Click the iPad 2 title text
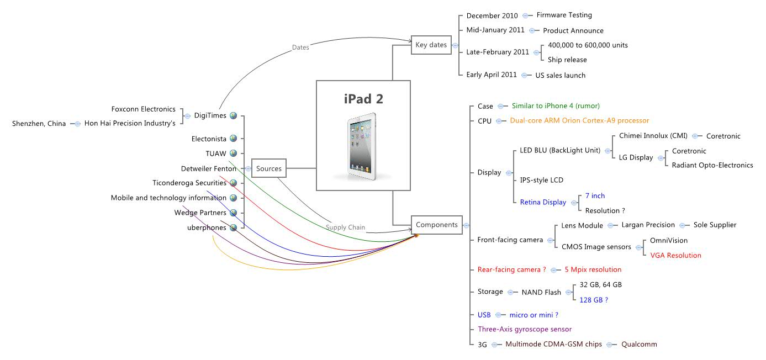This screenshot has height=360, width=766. pyautogui.click(x=363, y=99)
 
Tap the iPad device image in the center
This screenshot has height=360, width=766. pyautogui.click(x=362, y=146)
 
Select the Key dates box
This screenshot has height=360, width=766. pyautogui.click(x=431, y=45)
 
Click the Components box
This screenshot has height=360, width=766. pyautogui.click(x=436, y=225)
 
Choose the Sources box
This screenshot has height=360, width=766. pyautogui.click(x=269, y=168)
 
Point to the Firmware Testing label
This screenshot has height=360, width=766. pyautogui.click(x=564, y=15)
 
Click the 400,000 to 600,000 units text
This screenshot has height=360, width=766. pyautogui.click(x=588, y=45)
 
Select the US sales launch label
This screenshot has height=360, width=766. pyautogui.click(x=560, y=75)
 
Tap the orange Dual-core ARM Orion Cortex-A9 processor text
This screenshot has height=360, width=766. pyautogui.click(x=579, y=120)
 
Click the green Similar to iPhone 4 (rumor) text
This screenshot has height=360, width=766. pyautogui.click(x=556, y=105)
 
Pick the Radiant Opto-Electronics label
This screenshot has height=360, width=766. pyautogui.click(x=712, y=165)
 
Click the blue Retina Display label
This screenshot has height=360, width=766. pyautogui.click(x=543, y=203)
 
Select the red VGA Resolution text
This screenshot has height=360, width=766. pyautogui.click(x=675, y=256)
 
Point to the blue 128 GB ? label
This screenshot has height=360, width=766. pyautogui.click(x=594, y=300)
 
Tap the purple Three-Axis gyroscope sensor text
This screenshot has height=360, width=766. pyautogui.click(x=525, y=329)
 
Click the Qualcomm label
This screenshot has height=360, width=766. pyautogui.click(x=639, y=344)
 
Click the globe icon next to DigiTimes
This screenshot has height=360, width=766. pyautogui.click(x=234, y=116)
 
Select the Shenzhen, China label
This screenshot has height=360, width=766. pyautogui.click(x=39, y=124)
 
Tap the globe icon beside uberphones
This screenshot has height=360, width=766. pyautogui.click(x=234, y=227)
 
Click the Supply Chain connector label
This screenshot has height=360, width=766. pyautogui.click(x=345, y=227)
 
